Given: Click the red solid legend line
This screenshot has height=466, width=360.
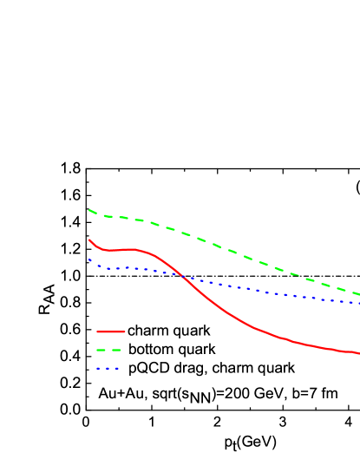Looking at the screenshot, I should click(x=110, y=331).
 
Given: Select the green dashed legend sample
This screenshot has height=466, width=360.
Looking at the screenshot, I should click(x=108, y=350).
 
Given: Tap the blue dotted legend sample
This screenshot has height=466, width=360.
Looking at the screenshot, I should click(x=108, y=369).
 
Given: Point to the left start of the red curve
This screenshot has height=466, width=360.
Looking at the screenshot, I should click(x=89, y=240).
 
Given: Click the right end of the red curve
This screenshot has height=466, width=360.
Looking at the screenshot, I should click(x=359, y=353).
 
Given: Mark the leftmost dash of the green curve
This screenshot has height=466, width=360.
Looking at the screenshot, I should click(x=92, y=211).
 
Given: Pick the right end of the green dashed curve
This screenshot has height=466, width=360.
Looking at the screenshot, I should click(x=359, y=294).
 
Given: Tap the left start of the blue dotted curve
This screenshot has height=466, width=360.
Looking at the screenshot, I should click(x=89, y=259).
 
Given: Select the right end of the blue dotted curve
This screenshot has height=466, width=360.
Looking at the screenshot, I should click(x=359, y=303).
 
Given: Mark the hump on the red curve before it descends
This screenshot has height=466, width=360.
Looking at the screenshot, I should click(x=132, y=249).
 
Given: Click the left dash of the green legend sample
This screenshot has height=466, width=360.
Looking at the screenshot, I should click(x=101, y=350).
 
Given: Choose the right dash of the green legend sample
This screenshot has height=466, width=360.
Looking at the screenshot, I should click(x=116, y=350).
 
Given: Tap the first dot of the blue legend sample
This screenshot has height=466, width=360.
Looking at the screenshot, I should click(x=98, y=369).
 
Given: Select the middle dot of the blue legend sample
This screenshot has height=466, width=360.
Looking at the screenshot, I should click(x=108, y=369).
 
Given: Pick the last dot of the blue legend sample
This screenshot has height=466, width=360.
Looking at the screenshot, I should click(x=117, y=369).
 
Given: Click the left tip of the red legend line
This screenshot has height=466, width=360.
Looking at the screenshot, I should click(x=96, y=331).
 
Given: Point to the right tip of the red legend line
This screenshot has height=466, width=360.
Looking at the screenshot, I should click(x=125, y=331).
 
